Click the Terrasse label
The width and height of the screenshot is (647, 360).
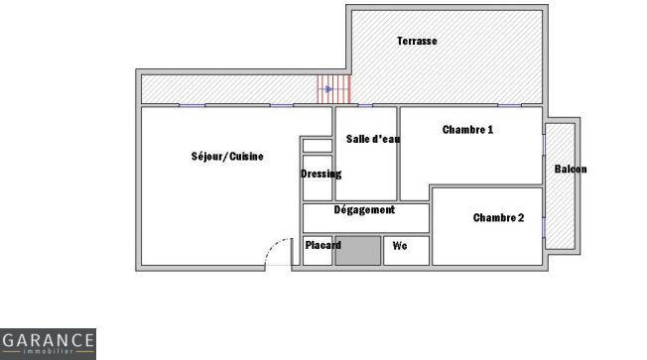pyautogui.click(x=417, y=42)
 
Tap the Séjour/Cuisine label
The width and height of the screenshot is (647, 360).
pyautogui.click(x=227, y=157)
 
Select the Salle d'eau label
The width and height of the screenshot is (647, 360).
pyautogui.click(x=372, y=139)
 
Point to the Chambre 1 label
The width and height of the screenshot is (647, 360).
pyautogui.click(x=467, y=130)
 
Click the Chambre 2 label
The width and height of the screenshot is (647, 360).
pyautogui.click(x=498, y=218)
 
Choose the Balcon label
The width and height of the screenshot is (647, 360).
pyautogui.click(x=570, y=170)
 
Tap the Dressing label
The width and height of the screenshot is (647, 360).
pyautogui.click(x=321, y=174)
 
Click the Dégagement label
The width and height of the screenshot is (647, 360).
pyautogui.click(x=364, y=210)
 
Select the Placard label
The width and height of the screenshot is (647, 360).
pyautogui.click(x=323, y=245)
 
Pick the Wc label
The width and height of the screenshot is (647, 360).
pyautogui.click(x=400, y=245)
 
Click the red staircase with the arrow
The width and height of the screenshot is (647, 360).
pyautogui.click(x=334, y=89)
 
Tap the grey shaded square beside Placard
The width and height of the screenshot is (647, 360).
pyautogui.click(x=357, y=251)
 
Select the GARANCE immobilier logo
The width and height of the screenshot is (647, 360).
pyautogui.click(x=48, y=344)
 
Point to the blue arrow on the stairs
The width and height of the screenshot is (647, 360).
pyautogui.click(x=327, y=89)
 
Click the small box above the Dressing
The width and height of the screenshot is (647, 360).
pyautogui.click(x=317, y=146)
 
